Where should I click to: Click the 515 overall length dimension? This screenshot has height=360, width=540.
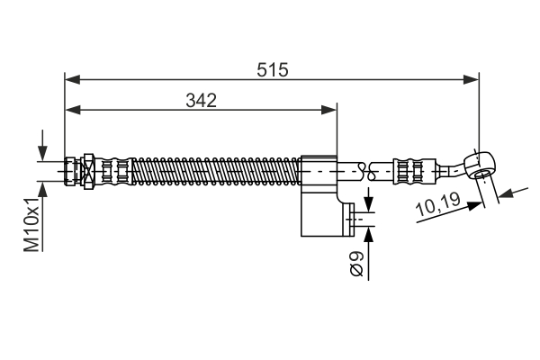coord(272,70)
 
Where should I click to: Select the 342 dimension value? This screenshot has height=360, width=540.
coord(201,101)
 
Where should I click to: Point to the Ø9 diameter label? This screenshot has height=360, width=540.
coord(356,264)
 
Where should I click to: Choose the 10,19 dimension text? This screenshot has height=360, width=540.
coord(438,204)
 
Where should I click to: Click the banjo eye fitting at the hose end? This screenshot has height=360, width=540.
coord(480,165)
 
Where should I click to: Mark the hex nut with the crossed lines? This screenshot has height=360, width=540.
coord(88,171)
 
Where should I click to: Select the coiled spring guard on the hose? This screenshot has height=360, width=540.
coord(216,171)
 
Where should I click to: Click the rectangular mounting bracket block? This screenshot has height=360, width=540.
coord(319,196)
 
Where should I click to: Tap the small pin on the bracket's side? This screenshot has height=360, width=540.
coord(349,220)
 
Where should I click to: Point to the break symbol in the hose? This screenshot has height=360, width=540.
coord(366,171)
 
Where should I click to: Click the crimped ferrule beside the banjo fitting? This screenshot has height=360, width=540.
coord(415,171)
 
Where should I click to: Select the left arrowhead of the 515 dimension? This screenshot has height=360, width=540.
coord(72,79)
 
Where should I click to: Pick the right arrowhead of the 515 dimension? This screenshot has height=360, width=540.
coord(471,79)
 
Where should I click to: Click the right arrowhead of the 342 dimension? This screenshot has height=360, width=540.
coord(328,110)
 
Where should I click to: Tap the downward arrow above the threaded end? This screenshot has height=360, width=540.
coord(42,145)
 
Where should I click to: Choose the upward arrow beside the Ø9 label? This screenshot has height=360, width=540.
coord(368,253)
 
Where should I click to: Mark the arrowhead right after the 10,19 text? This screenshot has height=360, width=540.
coord(474,206)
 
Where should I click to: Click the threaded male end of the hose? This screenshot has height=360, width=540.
coord(70,171)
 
